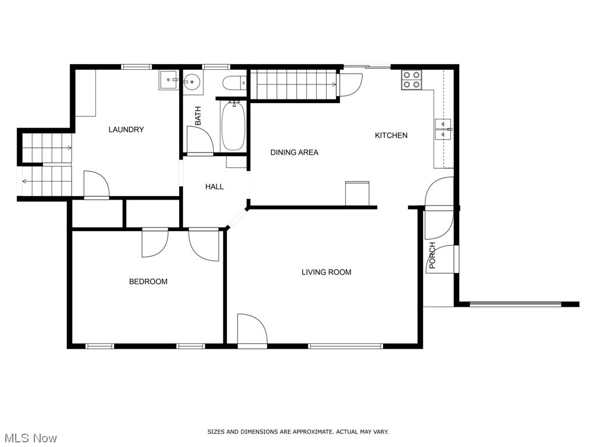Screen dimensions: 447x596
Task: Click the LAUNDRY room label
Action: (x=126, y=129)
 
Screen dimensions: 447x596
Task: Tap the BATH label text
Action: (x=198, y=116)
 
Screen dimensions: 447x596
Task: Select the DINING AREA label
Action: (x=294, y=152)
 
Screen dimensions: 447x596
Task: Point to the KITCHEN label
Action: (x=391, y=135)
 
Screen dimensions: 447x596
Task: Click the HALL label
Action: (x=214, y=187)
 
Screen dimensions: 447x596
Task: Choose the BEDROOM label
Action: (x=148, y=282)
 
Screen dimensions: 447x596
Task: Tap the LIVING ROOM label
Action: (x=326, y=272)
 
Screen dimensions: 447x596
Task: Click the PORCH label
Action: (x=432, y=256)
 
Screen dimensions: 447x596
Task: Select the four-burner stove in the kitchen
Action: (x=411, y=80)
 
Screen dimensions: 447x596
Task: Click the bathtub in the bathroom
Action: (x=233, y=126)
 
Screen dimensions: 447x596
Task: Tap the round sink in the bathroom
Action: (x=192, y=82)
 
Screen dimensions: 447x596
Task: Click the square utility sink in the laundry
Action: (x=169, y=80)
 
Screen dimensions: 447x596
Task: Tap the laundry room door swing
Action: (x=96, y=185)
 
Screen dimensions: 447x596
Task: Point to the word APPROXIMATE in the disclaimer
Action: (x=307, y=432)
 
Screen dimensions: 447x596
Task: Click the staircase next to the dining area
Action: (x=294, y=84)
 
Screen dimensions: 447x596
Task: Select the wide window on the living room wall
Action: (x=345, y=346)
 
